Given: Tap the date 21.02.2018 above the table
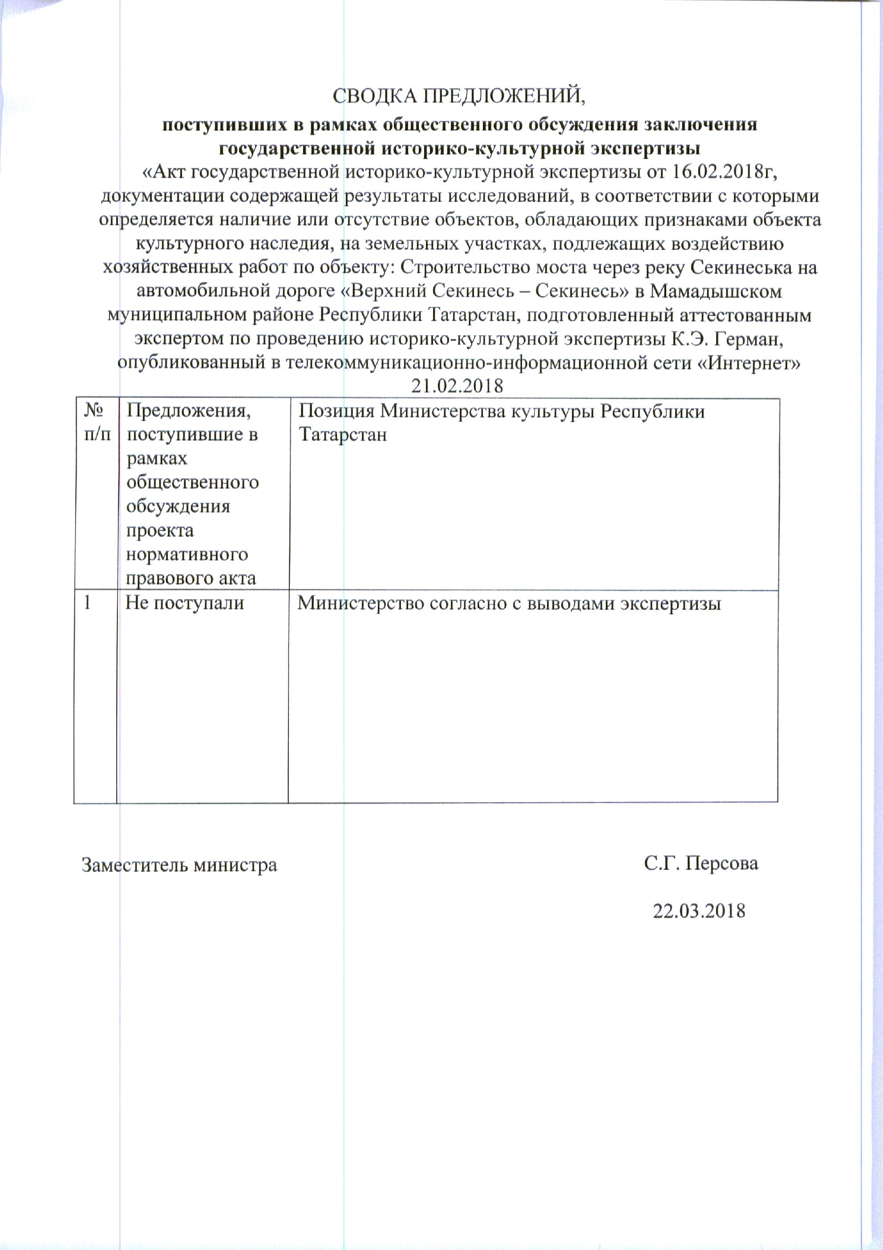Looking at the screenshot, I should pyautogui.click(x=457, y=385).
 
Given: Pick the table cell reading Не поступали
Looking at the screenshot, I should pyautogui.click(x=185, y=603).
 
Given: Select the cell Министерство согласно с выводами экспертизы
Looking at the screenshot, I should pyautogui.click(x=509, y=603).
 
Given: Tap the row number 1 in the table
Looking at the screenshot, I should pyautogui.click(x=87, y=603).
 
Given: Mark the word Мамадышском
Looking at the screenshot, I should pyautogui.click(x=716, y=291).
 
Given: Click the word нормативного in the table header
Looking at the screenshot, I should pyautogui.click(x=187, y=555).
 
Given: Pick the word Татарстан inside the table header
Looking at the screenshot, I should pyautogui.click(x=343, y=435).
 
